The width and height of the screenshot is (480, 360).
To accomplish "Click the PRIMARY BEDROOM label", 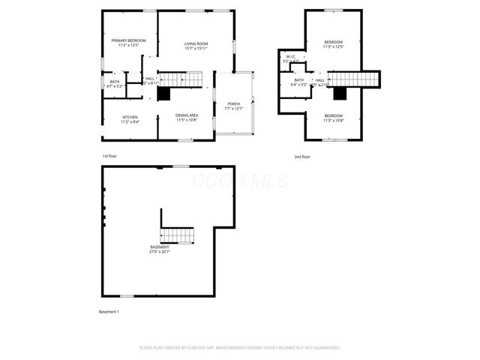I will coord(128,40).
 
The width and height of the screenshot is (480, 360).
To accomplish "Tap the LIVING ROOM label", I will coord(196,43).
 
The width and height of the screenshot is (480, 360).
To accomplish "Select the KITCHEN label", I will coord(130,117).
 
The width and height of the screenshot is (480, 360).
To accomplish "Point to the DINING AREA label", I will coord(187,115).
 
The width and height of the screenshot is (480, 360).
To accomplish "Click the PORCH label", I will coord(234,103).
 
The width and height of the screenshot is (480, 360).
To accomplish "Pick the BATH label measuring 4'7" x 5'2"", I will coord(114,81).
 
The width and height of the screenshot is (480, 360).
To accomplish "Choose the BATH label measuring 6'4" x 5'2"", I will coord(299,80).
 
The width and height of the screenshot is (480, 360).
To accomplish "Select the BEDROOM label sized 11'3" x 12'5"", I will coord(333,41).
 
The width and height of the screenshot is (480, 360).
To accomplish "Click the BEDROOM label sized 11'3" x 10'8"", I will coord(333,115).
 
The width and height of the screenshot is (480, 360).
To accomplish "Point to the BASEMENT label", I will coord(159,247).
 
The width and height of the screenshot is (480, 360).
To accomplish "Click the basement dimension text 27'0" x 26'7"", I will coord(159,252).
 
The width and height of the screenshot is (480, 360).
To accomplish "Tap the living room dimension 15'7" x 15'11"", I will coord(196,49).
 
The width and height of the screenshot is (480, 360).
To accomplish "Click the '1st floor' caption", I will coord(109,156).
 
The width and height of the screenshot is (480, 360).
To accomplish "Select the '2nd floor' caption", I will coord(302,157).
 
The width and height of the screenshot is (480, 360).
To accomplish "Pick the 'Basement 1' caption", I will coord(109,311).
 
